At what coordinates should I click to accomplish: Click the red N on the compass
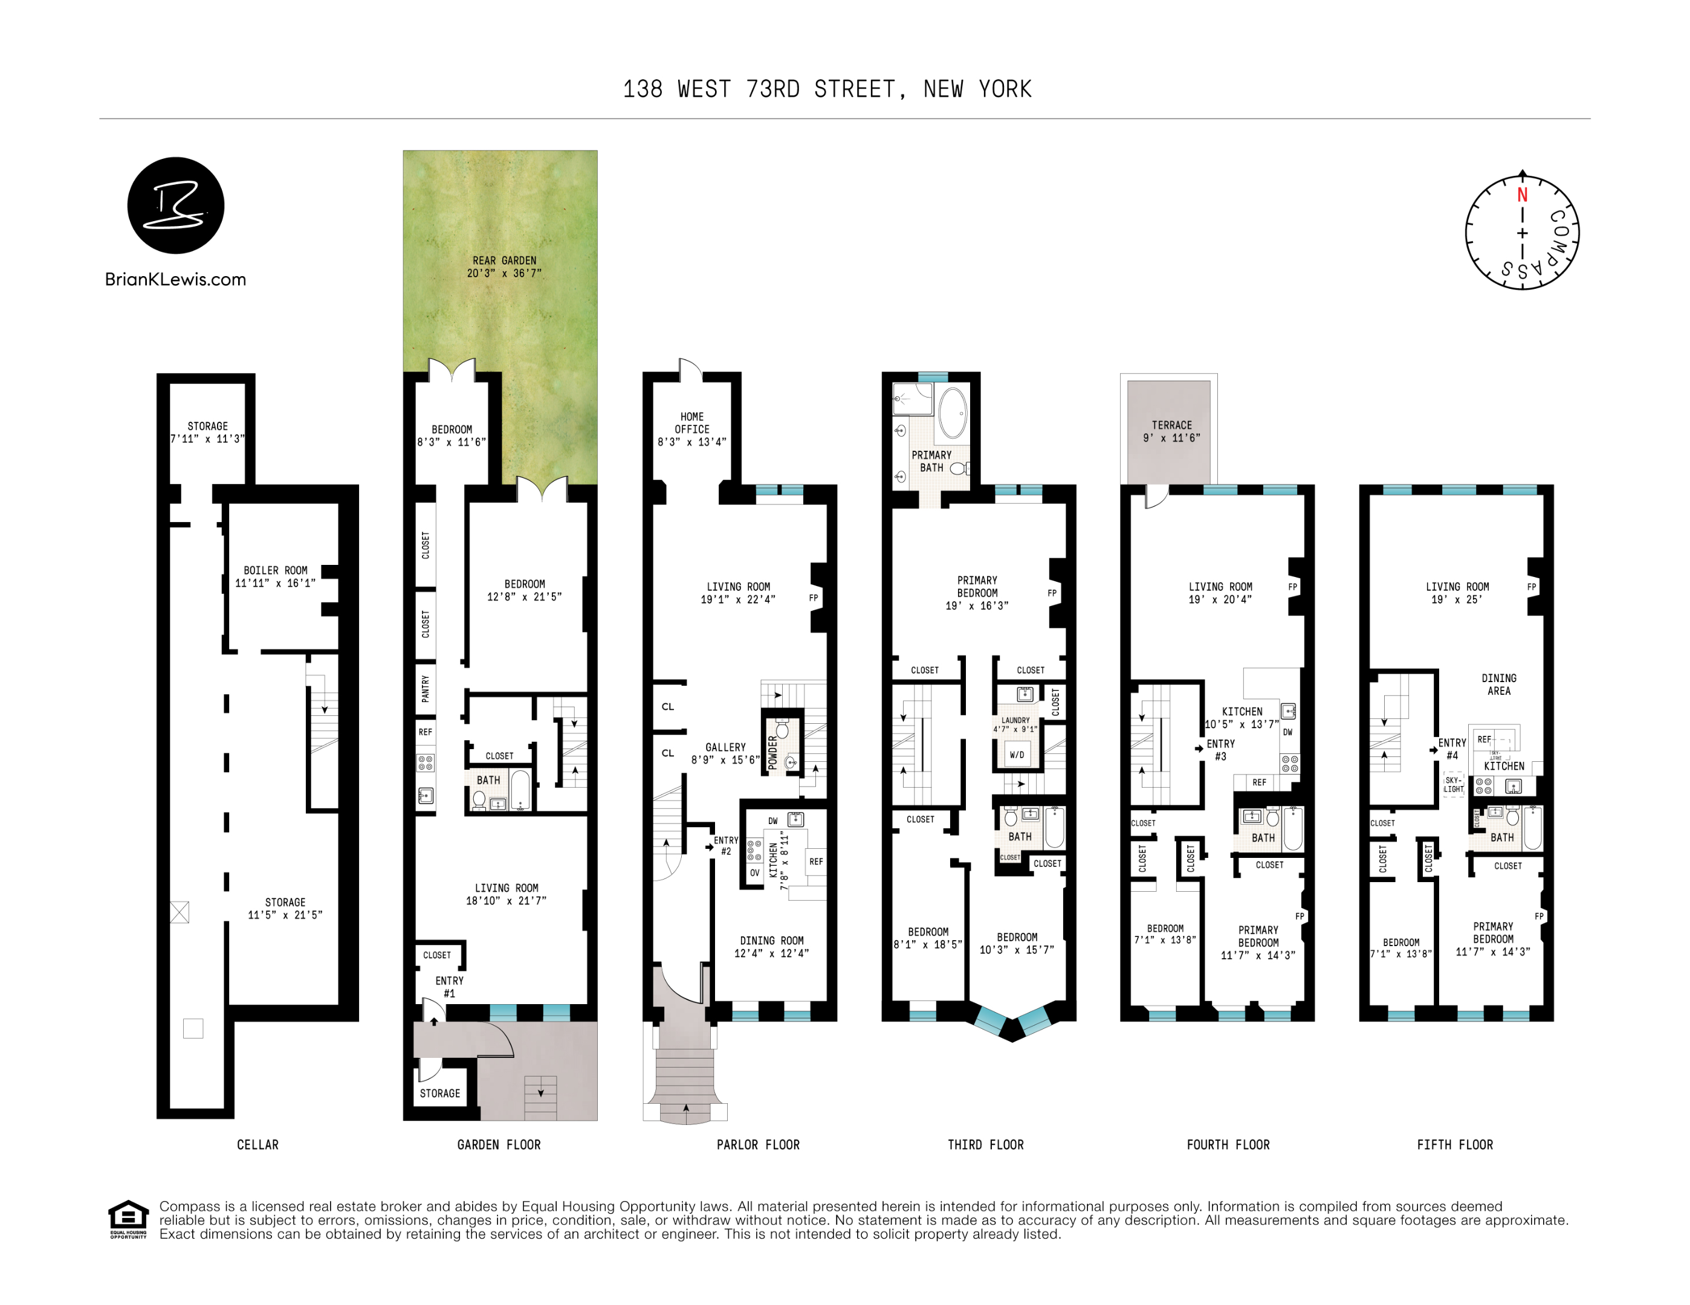pos(1522,195)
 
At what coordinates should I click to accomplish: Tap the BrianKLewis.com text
pos(176,279)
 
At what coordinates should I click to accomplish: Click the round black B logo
pos(176,205)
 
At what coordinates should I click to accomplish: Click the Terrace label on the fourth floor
pos(1171,425)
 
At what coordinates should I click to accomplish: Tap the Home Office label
pos(692,423)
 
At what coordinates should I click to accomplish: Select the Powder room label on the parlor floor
pos(772,752)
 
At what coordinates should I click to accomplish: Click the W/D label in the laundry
pos(1017,755)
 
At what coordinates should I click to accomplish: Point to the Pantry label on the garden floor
pos(425,689)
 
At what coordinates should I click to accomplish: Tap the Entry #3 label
pos(1220,750)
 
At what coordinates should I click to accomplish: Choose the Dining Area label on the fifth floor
pos(1499,685)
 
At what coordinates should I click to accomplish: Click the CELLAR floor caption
pos(257,1145)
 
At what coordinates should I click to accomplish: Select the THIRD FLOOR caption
pos(985,1145)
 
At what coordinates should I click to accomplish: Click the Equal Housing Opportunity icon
pos(128,1219)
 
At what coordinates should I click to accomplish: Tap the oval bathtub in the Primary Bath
pos(953,413)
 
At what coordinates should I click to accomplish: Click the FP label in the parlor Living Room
pos(814,598)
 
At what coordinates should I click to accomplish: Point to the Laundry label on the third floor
pos(1015,720)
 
